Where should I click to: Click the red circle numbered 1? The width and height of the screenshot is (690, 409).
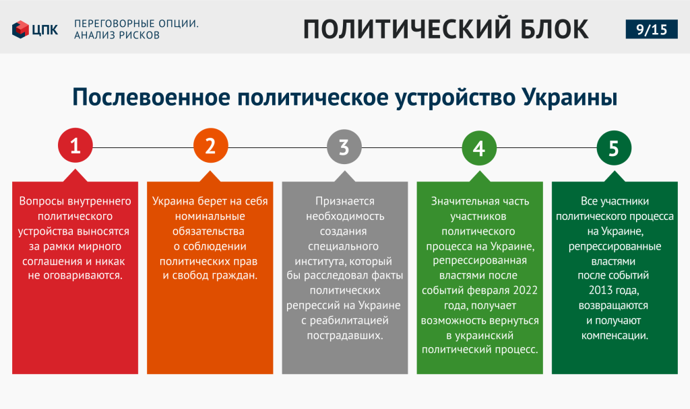point(75,145)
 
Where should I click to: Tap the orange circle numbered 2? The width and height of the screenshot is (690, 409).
point(211,145)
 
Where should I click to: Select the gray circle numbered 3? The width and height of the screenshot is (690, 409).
point(344,147)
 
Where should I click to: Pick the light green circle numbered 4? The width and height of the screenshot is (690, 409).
point(479,148)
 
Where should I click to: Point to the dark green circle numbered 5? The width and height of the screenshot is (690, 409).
point(614,148)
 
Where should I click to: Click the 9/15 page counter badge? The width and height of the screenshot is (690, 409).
point(652,30)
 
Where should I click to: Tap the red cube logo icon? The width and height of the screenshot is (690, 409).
point(20,30)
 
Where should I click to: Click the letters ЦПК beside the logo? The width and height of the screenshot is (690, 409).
point(45,30)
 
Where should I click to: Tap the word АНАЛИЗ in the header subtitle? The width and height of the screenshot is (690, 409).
point(88,35)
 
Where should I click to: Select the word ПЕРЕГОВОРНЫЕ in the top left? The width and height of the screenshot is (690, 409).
point(112,24)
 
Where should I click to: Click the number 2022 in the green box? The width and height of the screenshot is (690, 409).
point(525,291)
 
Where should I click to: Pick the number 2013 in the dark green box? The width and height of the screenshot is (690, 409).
point(601,291)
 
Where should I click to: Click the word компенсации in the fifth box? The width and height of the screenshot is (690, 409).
point(615,336)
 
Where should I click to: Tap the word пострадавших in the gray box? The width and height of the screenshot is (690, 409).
point(344,336)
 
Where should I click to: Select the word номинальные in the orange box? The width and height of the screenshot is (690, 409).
point(210,217)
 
